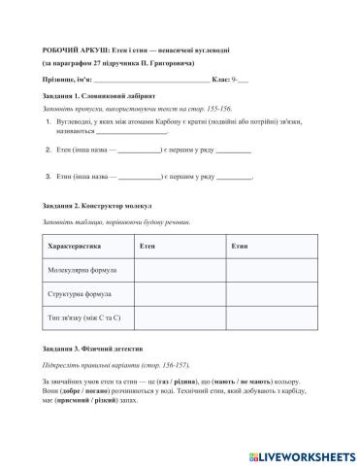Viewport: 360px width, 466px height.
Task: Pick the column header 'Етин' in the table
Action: click(x=241, y=247)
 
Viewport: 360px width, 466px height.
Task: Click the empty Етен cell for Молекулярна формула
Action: click(x=180, y=270)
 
